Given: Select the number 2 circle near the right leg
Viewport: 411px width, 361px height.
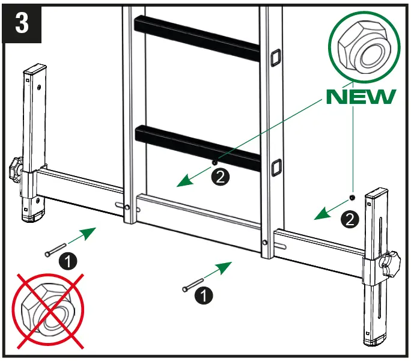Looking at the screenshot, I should [350, 220].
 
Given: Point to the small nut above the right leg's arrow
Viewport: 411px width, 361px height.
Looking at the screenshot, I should [352, 197].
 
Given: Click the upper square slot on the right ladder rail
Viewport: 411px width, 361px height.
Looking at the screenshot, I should [277, 56].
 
